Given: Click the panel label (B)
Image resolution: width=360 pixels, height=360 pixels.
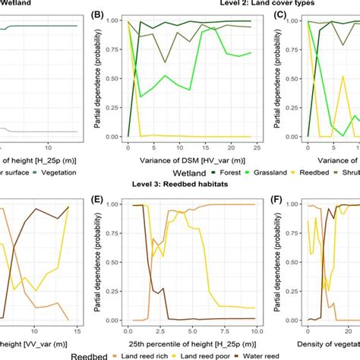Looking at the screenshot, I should (97, 14).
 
